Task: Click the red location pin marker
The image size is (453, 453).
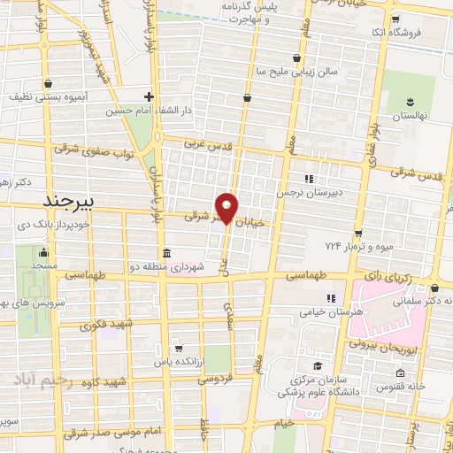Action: [x=227, y=207]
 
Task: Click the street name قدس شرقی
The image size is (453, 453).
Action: [x=421, y=176]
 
